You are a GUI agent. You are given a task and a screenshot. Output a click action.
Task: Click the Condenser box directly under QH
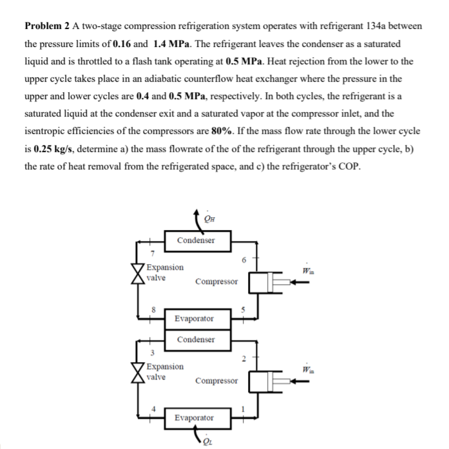click(x=196, y=240)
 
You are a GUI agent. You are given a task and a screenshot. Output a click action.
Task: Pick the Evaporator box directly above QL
click(x=196, y=417)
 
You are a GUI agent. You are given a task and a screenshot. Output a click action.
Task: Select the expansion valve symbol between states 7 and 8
click(x=138, y=273)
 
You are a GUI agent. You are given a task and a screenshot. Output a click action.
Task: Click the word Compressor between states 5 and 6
click(x=216, y=282)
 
